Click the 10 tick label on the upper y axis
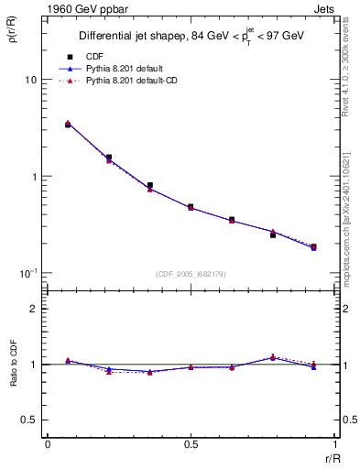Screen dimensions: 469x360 pos(30,80)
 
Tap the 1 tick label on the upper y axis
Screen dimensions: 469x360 pos(34,176)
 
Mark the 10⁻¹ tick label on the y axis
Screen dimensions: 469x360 pos(28,272)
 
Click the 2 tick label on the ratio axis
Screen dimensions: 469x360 pos(34,309)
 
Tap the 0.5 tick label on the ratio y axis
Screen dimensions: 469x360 pos(30,420)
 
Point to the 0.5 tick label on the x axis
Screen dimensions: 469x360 pos(190,444)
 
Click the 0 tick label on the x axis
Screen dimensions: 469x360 pos(47,444)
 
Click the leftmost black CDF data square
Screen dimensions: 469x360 pos(68,124)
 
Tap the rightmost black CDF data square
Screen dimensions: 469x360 pos(314,246)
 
